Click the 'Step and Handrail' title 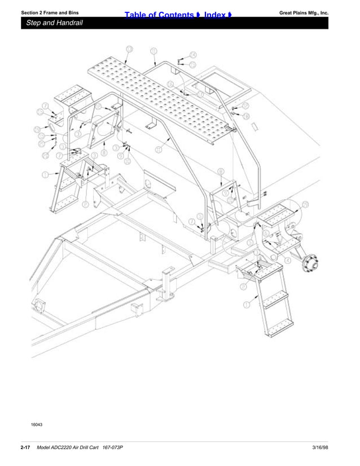pyautogui.click(x=55, y=23)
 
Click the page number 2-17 pyautogui.click(x=25, y=447)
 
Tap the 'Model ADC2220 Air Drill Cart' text pyautogui.click(x=68, y=447)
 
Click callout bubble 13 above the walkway pyautogui.click(x=129, y=50)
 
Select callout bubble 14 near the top pyautogui.click(x=193, y=55)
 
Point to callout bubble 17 pyautogui.click(x=200, y=94)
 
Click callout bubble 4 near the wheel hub pyautogui.click(x=288, y=260)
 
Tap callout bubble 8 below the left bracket pyautogui.click(x=104, y=152)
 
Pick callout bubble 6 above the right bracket pyautogui.click(x=221, y=171)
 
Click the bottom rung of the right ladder pyautogui.click(x=280, y=326)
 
